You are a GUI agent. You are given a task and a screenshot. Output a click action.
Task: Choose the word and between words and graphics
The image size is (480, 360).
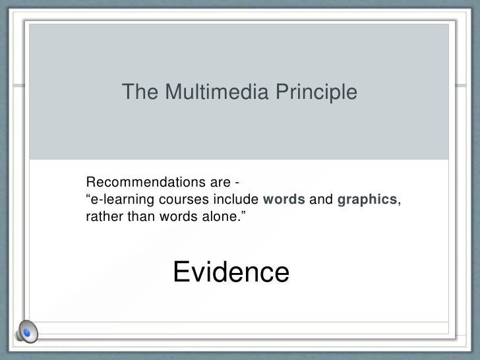coord(320,200)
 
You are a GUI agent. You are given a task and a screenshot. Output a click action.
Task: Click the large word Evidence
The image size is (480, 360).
coord(231,272)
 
